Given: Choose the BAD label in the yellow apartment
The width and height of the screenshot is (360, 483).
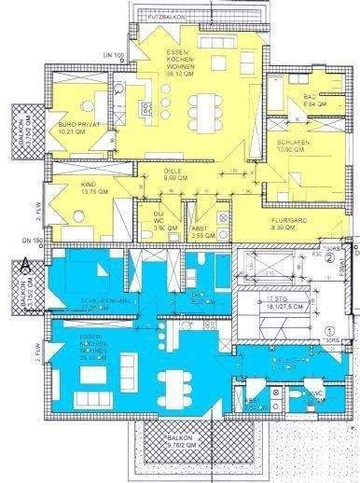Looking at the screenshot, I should [311, 99].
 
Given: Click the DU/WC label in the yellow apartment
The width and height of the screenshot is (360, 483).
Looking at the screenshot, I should [159, 221].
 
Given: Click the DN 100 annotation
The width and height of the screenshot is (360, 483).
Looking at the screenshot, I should [116, 55].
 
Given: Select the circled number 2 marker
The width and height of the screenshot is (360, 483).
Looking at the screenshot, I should [330, 260].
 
